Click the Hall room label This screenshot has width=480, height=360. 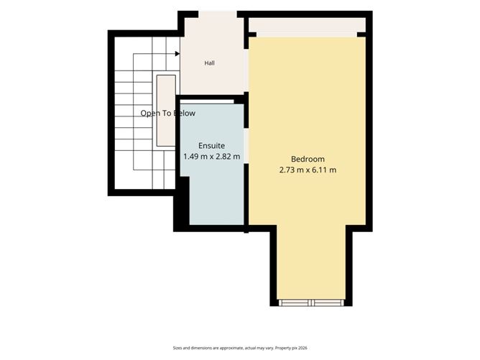tap(209, 63)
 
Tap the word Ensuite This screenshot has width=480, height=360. tap(211, 146)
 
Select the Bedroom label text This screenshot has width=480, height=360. tap(308, 160)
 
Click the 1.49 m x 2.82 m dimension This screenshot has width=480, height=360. tap(211, 157)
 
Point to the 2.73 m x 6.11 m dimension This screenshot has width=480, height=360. tap(308, 170)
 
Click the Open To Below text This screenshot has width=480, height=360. tap(167, 114)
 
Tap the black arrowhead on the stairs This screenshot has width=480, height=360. tap(177, 54)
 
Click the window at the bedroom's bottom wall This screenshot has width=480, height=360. tap(311, 303)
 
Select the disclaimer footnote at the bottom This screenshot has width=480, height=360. tap(240, 348)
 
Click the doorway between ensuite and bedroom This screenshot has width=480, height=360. tap(246, 146)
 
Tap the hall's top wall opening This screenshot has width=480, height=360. tap(218, 14)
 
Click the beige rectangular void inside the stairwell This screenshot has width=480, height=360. tap(166, 111)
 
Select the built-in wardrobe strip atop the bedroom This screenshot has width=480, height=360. tap(307, 25)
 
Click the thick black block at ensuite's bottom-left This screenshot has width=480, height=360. tap(182, 203)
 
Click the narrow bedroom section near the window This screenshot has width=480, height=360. tap(311, 262)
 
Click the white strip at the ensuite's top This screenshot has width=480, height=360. tap(207, 101)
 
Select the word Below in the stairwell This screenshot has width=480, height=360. tap(184, 114)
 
